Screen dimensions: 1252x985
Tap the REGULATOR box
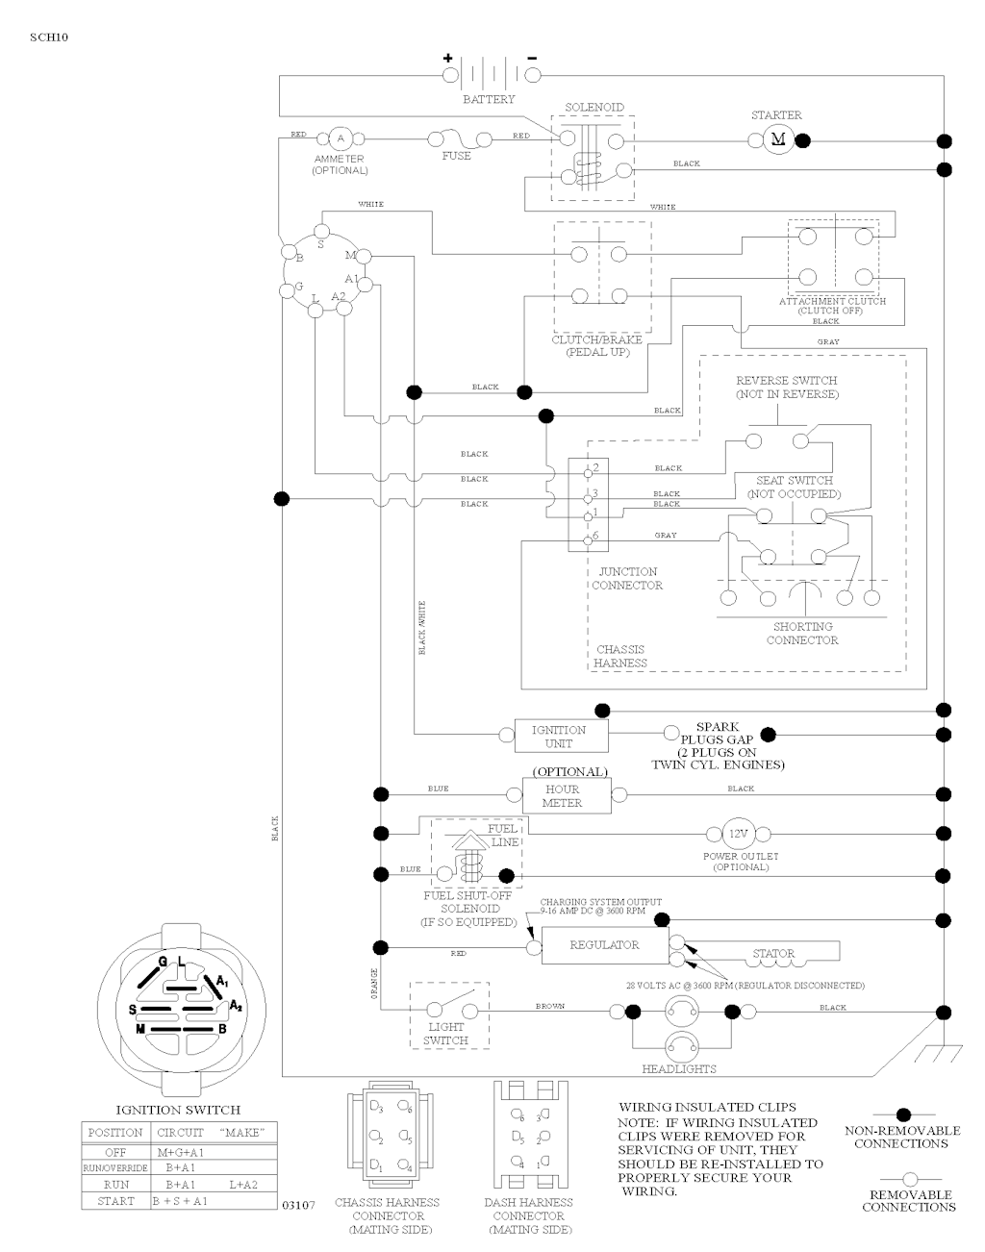click(604, 945)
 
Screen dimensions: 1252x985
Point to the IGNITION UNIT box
click(558, 737)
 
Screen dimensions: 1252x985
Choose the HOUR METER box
click(566, 796)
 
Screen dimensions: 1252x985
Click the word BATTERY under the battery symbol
click(490, 100)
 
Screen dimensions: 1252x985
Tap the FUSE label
click(457, 157)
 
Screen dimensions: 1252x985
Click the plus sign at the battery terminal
click(447, 58)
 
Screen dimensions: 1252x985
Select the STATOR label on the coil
click(773, 954)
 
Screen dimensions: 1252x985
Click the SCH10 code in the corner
click(48, 38)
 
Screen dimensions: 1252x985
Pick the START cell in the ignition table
click(115, 1202)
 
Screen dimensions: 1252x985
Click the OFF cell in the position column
click(115, 1151)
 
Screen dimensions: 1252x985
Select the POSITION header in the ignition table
click(115, 1133)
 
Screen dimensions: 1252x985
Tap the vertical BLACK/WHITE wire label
click(421, 628)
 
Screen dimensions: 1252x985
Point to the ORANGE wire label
click(373, 985)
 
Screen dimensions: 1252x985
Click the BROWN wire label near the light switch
click(550, 1007)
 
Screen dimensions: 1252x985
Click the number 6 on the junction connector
click(596, 536)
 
